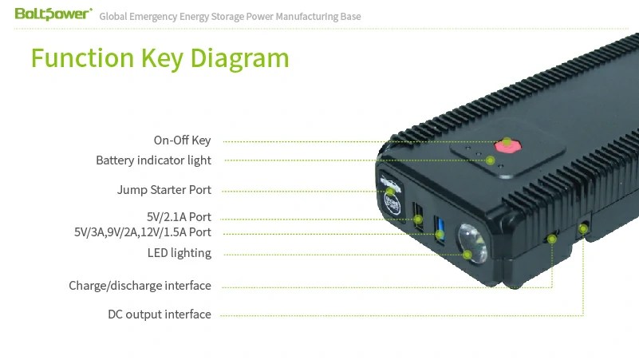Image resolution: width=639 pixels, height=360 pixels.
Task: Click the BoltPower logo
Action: tap(53, 14)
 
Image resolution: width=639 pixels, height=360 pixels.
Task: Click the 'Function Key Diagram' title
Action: tap(160, 58)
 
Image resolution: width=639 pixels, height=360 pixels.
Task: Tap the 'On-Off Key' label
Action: tap(182, 140)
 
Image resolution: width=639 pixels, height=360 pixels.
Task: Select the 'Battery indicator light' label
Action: tap(154, 160)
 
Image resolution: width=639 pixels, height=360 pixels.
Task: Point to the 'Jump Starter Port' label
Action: tap(164, 190)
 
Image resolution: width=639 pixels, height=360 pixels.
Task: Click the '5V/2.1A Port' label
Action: tap(179, 216)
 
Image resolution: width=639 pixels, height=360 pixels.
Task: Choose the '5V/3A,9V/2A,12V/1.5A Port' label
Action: tap(143, 232)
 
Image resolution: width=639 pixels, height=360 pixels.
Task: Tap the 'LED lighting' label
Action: tap(179, 253)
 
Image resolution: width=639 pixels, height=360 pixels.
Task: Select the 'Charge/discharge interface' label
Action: tap(140, 286)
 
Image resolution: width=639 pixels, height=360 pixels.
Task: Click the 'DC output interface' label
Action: tap(160, 315)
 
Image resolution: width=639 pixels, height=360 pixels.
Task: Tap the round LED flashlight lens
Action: tap(472, 243)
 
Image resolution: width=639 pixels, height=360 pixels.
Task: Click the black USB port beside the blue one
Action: tap(418, 216)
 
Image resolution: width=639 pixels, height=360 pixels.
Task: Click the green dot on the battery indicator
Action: tap(491, 160)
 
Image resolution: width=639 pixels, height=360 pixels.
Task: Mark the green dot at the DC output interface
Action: tap(583, 229)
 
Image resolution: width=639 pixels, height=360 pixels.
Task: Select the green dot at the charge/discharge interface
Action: tap(552, 239)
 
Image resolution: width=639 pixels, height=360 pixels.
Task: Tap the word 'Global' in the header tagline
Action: tap(113, 17)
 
